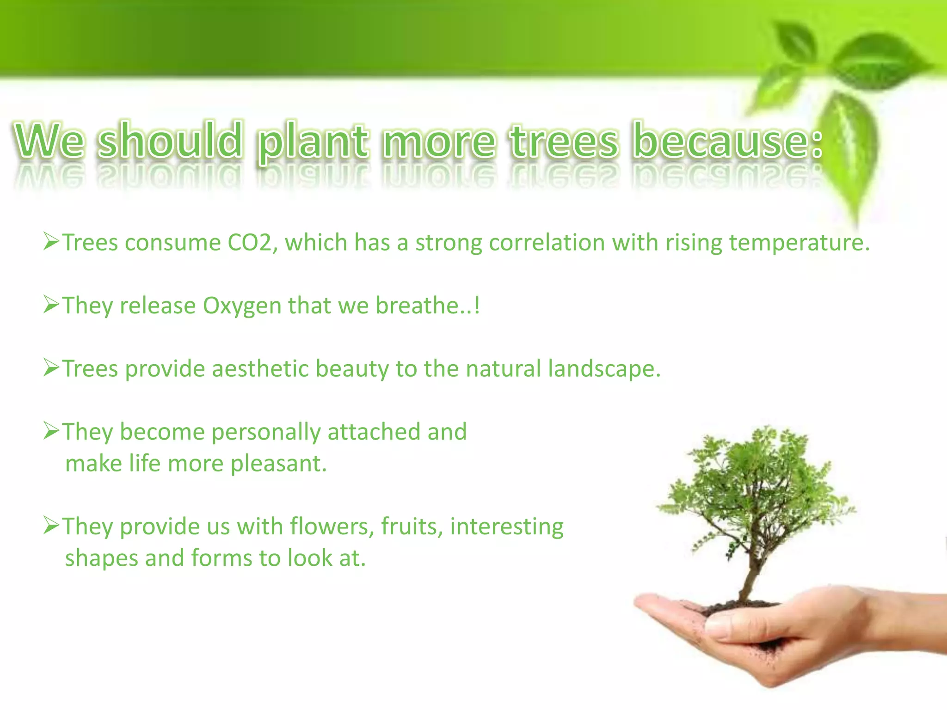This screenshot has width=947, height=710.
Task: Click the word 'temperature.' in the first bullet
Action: click(799, 243)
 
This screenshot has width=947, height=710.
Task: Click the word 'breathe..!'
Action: click(428, 306)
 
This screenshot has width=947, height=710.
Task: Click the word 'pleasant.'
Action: click(279, 464)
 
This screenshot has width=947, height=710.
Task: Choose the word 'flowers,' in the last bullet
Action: click(332, 527)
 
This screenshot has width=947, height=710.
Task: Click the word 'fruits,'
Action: click(412, 527)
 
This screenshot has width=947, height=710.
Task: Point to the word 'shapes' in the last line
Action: click(101, 558)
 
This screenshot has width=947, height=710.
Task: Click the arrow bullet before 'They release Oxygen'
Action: click(51, 305)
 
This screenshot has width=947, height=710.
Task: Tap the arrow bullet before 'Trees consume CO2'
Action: click(51, 242)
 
